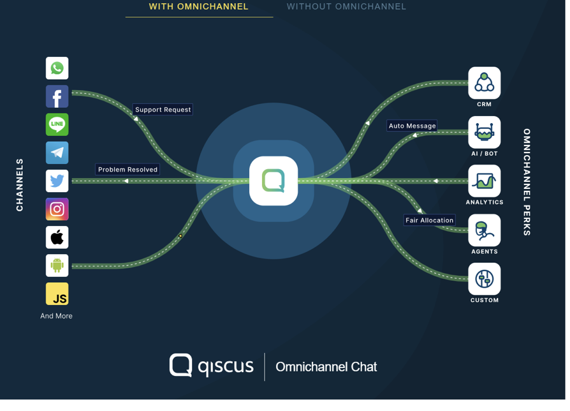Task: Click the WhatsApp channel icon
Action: tap(57, 68)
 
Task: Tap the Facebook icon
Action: tap(57, 96)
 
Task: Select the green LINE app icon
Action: tap(57, 124)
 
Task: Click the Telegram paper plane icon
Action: tap(57, 153)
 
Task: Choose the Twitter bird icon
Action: tap(57, 181)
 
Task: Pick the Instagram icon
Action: tap(57, 209)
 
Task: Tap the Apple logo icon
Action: tap(57, 237)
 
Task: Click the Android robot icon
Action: tap(57, 265)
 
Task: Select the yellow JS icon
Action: tap(57, 294)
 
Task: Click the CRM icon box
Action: tap(484, 83)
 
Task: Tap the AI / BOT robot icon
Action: tap(484, 132)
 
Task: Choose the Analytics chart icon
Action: tap(484, 181)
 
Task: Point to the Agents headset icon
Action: tap(484, 230)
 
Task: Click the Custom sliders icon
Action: tap(484, 279)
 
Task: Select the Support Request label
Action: tap(163, 110)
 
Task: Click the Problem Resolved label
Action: tap(128, 170)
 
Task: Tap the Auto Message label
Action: tap(413, 126)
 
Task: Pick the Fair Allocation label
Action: tap(430, 220)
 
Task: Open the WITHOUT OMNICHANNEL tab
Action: tap(346, 6)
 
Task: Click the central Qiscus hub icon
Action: tap(274, 181)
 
